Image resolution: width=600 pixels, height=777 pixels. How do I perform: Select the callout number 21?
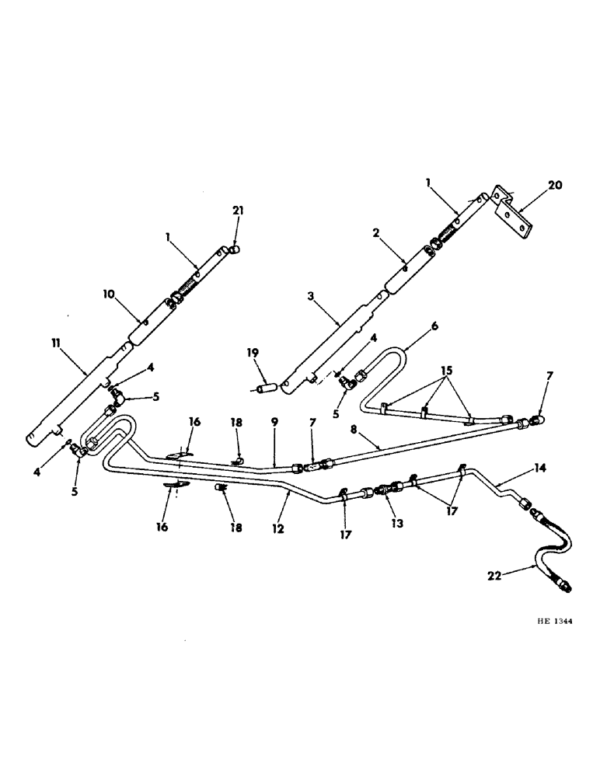237,211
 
